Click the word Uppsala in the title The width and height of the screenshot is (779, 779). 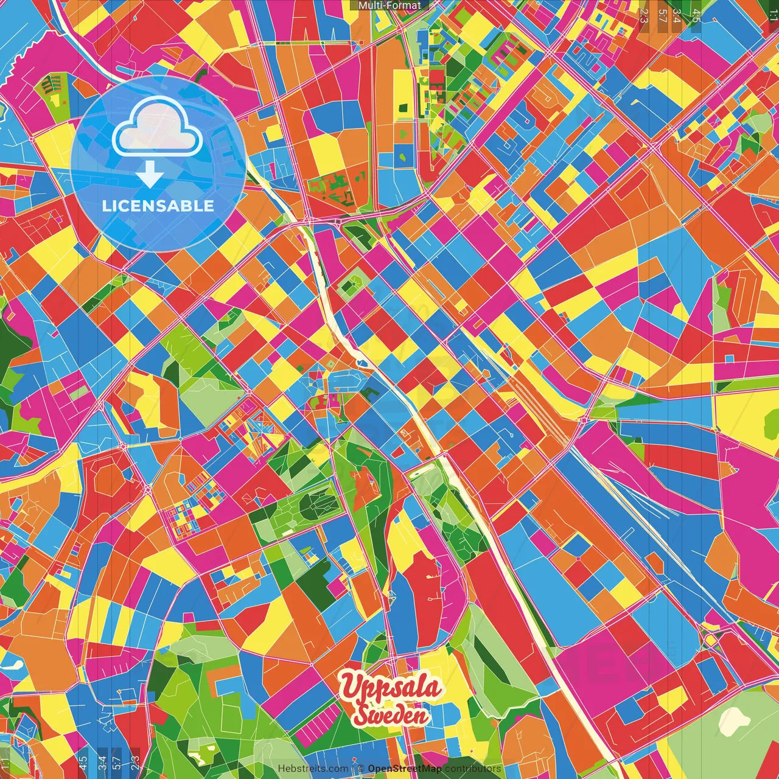coord(391,688)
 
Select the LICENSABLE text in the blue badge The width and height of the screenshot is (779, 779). coord(158,206)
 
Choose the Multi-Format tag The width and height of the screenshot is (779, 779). coord(389,5)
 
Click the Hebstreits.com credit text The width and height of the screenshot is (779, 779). coord(313,769)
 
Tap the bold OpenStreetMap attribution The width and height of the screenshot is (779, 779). coord(405,769)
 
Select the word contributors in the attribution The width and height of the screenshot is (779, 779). coord(472,769)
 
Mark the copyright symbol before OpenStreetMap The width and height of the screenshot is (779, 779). coord(361,769)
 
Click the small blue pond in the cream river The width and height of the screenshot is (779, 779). coord(363,363)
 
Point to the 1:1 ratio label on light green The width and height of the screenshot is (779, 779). coord(5,761)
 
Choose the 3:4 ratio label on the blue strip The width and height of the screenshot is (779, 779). coord(102,760)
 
